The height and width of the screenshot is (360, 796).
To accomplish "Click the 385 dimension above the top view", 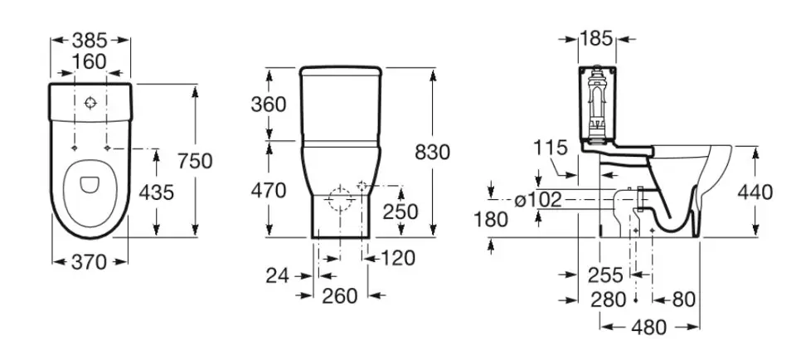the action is (x=90, y=40).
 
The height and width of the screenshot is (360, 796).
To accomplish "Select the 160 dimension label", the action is (x=90, y=61).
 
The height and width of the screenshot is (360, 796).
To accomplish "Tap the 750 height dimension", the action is (x=195, y=161).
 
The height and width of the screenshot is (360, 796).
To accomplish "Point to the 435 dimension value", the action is (x=157, y=192).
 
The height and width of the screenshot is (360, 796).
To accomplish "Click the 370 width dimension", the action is (x=90, y=262).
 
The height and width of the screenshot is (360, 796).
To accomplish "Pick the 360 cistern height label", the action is (x=269, y=105).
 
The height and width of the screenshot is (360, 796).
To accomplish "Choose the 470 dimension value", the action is (x=269, y=191).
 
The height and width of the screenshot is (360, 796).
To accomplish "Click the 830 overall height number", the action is (x=433, y=153).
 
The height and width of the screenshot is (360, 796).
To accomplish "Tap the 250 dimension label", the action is (x=400, y=212).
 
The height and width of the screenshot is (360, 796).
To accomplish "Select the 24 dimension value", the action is (x=277, y=275).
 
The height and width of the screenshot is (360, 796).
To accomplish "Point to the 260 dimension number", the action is (x=340, y=296).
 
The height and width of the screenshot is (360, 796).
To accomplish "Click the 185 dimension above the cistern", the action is (x=596, y=39).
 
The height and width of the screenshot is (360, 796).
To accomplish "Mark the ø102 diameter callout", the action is (x=538, y=200).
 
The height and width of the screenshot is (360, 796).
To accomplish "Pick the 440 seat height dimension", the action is (x=755, y=192).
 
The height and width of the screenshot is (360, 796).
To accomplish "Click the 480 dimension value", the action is (x=648, y=328).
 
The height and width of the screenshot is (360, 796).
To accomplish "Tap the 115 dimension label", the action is (x=551, y=148).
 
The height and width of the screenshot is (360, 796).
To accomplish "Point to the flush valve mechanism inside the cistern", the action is (x=597, y=103).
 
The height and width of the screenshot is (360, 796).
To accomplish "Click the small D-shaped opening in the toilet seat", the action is (x=90, y=184).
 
